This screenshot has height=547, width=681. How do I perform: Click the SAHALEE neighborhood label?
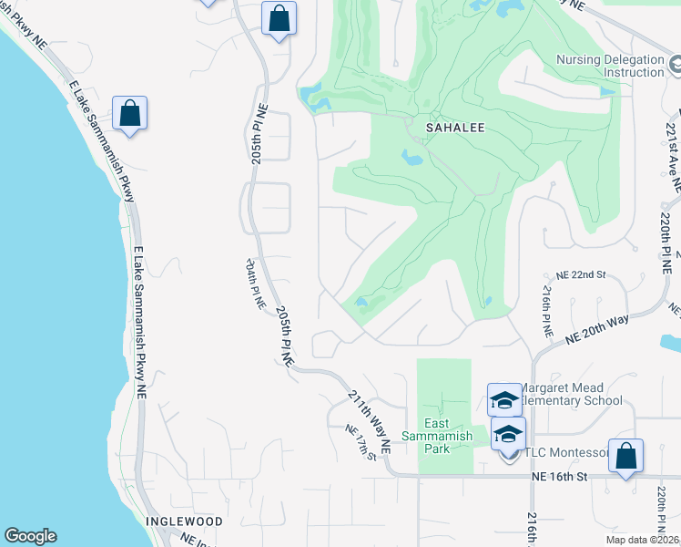click(446, 129)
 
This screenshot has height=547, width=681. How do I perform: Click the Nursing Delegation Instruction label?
click(609, 67)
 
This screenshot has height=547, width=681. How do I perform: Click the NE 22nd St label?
click(581, 274)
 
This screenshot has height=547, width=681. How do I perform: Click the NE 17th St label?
click(361, 442)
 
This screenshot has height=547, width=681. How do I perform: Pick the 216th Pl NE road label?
click(547, 311)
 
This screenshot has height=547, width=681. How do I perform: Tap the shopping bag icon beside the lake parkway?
click(130, 113)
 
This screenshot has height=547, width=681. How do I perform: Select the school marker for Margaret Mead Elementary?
click(504, 399)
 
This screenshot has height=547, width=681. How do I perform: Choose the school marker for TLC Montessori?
click(508, 434)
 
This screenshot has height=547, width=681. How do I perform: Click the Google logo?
click(30, 536)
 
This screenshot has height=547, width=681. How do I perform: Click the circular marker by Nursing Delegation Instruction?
click(675, 66)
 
